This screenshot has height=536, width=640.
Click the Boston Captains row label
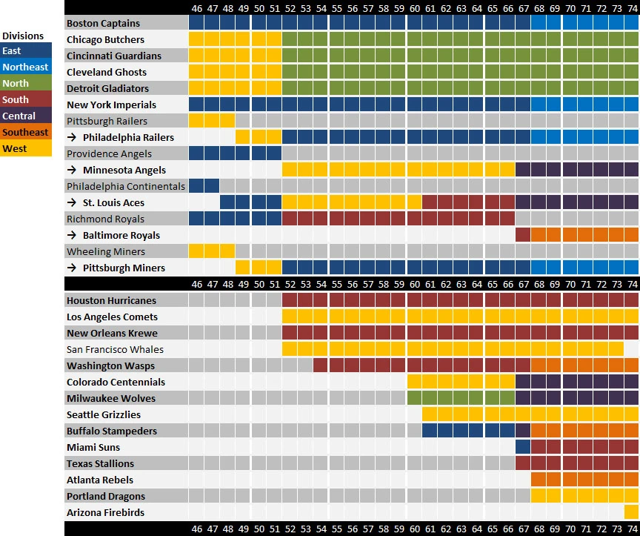click(x=103, y=23)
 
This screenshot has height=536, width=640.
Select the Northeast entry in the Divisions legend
click(x=25, y=67)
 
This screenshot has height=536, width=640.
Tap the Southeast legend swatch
click(x=25, y=132)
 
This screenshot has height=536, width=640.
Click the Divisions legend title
click(x=23, y=36)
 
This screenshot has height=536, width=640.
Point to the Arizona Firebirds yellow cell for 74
click(x=631, y=512)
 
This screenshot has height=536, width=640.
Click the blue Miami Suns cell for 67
click(x=523, y=447)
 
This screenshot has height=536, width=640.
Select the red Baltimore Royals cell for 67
click(x=523, y=235)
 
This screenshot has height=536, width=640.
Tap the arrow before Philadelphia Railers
click(x=71, y=137)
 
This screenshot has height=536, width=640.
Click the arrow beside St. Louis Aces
click(x=71, y=202)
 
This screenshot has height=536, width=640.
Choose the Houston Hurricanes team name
click(x=111, y=300)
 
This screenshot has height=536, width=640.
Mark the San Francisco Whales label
click(x=115, y=349)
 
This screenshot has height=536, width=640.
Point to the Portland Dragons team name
click(x=106, y=496)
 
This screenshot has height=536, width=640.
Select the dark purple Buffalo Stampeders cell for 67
click(x=523, y=431)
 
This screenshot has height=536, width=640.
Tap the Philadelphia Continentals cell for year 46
click(x=196, y=186)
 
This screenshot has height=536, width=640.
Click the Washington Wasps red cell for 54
click(x=321, y=365)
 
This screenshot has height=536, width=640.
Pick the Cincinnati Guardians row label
click(x=113, y=56)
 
